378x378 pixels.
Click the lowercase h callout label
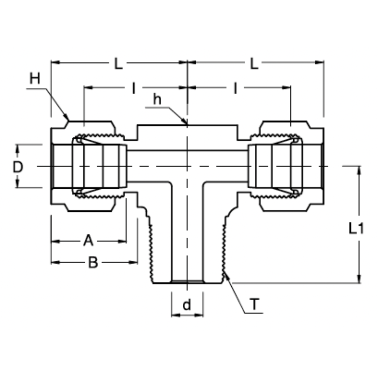(x=157, y=99)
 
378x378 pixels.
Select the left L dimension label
(x=119, y=64)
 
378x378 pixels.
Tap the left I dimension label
(x=133, y=88)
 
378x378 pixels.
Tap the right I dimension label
(x=236, y=88)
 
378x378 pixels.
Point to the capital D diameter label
(x=18, y=167)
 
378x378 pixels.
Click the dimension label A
(x=88, y=241)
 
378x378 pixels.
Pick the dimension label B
(x=93, y=262)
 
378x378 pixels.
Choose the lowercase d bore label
(x=187, y=305)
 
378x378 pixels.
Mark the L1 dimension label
(x=356, y=229)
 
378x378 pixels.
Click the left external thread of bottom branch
(x=152, y=252)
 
